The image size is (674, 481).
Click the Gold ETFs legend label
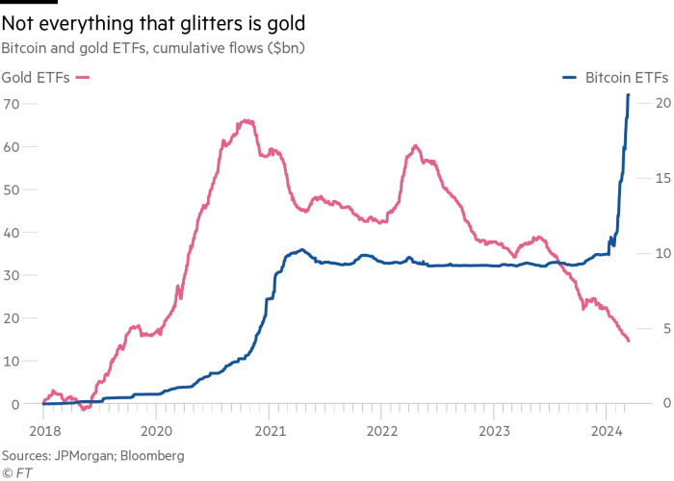[35, 78]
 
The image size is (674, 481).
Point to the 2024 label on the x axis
[607, 430]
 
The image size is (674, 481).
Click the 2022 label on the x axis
[381, 430]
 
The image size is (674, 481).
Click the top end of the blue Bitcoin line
[629, 94]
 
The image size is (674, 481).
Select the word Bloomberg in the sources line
[153, 455]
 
